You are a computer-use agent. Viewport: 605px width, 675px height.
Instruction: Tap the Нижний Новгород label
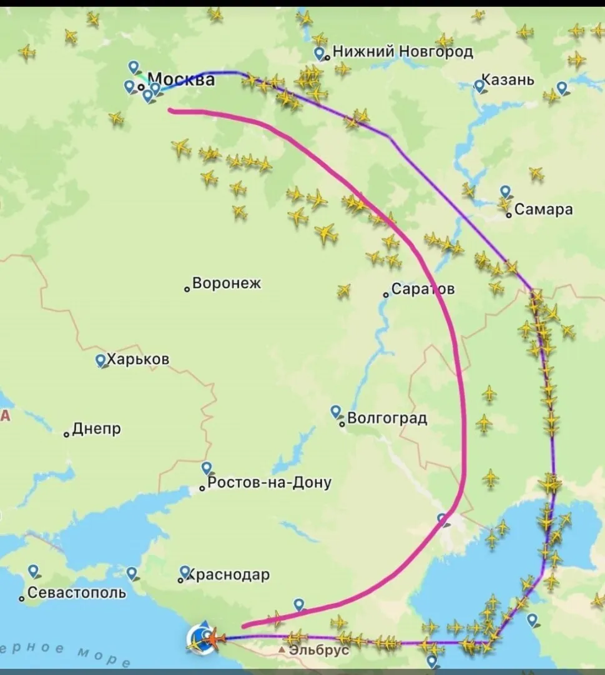(x=403, y=52)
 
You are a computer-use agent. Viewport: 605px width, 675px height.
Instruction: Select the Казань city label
(x=508, y=80)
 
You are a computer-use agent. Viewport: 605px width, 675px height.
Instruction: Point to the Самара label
(x=543, y=209)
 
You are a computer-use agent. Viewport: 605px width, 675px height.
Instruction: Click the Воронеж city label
(x=227, y=283)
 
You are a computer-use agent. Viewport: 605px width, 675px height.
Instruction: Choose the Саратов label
(x=423, y=289)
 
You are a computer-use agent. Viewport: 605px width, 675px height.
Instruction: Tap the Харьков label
(x=138, y=360)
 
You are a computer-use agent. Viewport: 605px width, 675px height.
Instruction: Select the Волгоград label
(x=386, y=418)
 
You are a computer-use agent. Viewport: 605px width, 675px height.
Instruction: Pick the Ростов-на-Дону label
(x=269, y=482)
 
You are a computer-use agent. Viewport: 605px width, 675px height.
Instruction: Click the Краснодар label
(x=228, y=574)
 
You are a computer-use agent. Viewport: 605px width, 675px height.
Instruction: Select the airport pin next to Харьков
(x=100, y=360)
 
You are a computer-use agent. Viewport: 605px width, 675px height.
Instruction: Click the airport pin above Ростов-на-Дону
(x=207, y=467)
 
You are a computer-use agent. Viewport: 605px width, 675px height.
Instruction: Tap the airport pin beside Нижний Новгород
(x=320, y=53)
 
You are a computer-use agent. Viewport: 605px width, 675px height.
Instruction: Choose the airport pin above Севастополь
(x=33, y=571)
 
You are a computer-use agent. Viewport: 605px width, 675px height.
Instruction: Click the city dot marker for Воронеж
(x=187, y=289)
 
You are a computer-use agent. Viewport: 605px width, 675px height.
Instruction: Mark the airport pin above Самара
(x=505, y=191)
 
